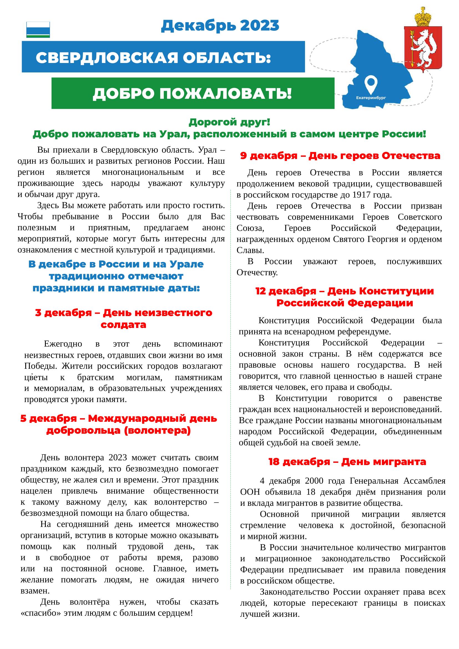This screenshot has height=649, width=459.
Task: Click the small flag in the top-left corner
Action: pyautogui.click(x=38, y=29)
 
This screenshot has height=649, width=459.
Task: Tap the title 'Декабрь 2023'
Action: pyautogui.click(x=220, y=26)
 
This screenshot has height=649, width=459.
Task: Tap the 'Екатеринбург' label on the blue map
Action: pyautogui.click(x=370, y=98)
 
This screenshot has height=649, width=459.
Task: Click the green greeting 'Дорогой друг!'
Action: pyautogui.click(x=229, y=122)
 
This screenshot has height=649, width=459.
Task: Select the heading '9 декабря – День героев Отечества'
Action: pyautogui.click(x=340, y=156)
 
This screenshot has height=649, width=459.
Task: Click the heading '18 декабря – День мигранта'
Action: pyautogui.click(x=347, y=462)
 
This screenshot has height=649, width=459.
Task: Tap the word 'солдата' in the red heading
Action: pyautogui.click(x=123, y=325)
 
